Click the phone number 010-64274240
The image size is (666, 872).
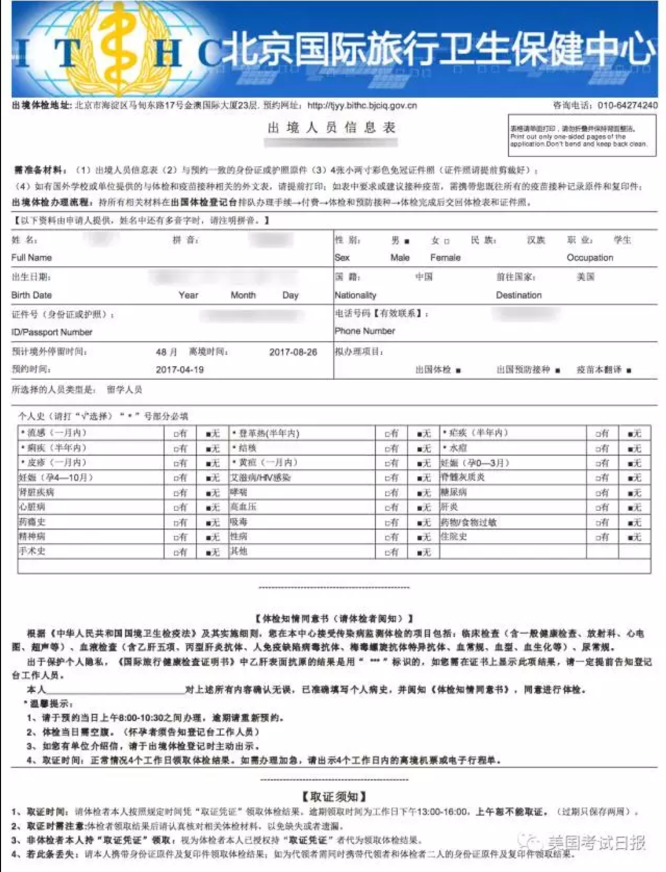pyautogui.click(x=627, y=106)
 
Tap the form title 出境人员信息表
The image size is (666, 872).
pyautogui.click(x=331, y=128)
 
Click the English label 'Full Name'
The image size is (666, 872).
pyautogui.click(x=32, y=257)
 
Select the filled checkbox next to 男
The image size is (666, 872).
pyautogui.click(x=407, y=241)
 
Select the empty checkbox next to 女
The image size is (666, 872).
pyautogui.click(x=447, y=241)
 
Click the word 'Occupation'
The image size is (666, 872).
pyautogui.click(x=590, y=257)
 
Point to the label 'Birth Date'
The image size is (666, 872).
pyautogui.click(x=32, y=295)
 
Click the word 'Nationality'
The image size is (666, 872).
pyautogui.click(x=355, y=295)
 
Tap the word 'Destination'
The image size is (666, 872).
pyautogui.click(x=519, y=295)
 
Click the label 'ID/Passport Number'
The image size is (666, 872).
pyautogui.click(x=52, y=332)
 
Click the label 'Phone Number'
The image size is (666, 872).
pyautogui.click(x=365, y=331)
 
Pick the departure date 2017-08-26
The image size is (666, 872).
pyautogui.click(x=293, y=352)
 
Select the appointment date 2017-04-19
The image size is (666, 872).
pyautogui.click(x=180, y=370)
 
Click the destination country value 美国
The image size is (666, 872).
pyautogui.click(x=585, y=276)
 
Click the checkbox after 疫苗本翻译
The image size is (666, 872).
pyautogui.click(x=629, y=371)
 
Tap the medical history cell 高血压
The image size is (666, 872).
pyautogui.click(x=243, y=507)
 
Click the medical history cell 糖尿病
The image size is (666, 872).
pyautogui.click(x=454, y=492)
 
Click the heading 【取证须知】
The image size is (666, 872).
pyautogui.click(x=334, y=796)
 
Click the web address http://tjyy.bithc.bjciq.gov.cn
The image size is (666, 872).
pyautogui.click(x=362, y=106)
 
